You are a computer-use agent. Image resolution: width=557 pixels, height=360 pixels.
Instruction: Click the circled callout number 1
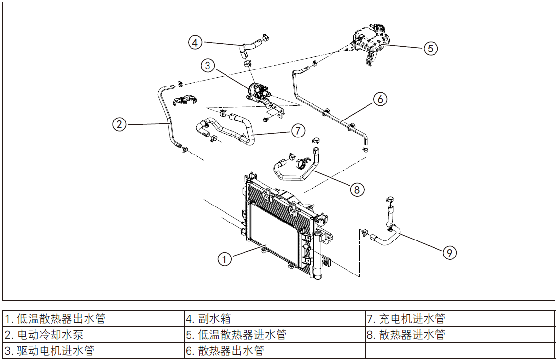click(224, 259)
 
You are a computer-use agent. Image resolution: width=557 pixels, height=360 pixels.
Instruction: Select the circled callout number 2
click(119, 124)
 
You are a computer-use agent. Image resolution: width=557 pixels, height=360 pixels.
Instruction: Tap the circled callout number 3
click(208, 65)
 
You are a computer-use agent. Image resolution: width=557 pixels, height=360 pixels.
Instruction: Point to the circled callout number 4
click(195, 42)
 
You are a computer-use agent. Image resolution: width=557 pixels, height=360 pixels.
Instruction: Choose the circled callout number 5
click(431, 48)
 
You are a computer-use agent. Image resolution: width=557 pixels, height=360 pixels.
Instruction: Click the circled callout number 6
click(380, 99)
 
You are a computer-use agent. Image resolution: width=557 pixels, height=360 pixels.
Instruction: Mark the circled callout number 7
click(298, 130)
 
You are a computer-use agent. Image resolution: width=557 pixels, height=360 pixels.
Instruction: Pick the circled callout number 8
click(357, 189)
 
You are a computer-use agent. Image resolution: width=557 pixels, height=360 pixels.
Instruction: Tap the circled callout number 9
click(450, 252)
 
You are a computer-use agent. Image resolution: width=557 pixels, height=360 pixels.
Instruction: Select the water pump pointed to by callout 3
click(259, 91)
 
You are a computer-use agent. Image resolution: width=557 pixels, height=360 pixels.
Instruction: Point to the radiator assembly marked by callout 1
click(272, 228)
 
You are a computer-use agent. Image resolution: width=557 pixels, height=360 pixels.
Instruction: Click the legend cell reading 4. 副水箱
click(274, 319)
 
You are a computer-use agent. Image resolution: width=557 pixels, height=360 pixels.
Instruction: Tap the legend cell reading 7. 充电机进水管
click(459, 319)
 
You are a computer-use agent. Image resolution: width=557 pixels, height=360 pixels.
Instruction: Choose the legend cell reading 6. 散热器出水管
click(274, 350)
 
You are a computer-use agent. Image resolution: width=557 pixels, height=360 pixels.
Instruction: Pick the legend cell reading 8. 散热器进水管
click(459, 335)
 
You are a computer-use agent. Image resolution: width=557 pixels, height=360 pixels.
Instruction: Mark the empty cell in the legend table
click(459, 350)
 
